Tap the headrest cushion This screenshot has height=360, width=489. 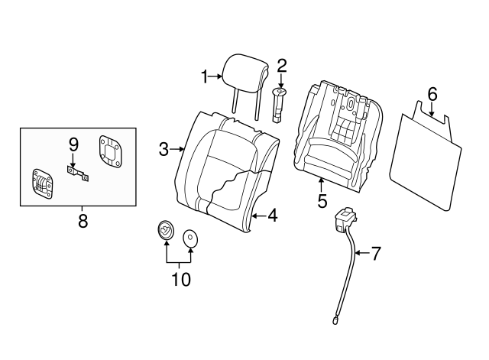pos(244,65)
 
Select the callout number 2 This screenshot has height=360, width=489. pos(281,66)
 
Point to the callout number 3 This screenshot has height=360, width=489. pos(164,149)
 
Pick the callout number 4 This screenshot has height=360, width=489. pos(271,216)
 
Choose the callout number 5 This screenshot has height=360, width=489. pos(322,201)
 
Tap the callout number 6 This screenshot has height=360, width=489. pos(432,94)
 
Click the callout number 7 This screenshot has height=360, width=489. pos(375,254)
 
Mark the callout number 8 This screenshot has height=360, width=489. pos(83,222)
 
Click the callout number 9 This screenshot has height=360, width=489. pos(73,144)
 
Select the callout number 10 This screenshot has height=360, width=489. pos(180,279)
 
